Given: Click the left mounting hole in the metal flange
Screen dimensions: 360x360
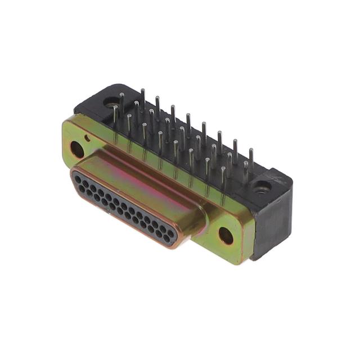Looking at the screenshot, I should (77, 149).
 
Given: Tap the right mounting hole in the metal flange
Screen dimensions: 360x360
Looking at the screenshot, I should (226, 236).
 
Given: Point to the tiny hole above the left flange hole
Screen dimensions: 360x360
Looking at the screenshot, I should (88, 137).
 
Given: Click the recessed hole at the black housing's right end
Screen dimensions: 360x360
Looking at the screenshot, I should (260, 187).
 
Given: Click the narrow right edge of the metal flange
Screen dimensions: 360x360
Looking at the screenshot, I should (251, 236).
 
